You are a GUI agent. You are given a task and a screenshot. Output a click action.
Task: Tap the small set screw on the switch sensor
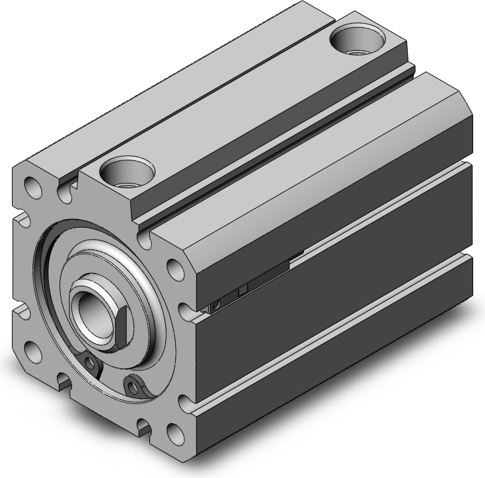(x=216, y=304)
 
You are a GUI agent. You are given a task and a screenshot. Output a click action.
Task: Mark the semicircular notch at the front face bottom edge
(x=64, y=380)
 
